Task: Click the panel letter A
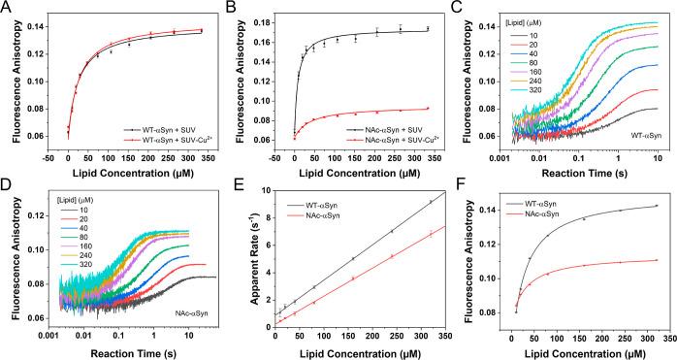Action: tap(7, 8)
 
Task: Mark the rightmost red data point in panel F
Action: tap(657, 260)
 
